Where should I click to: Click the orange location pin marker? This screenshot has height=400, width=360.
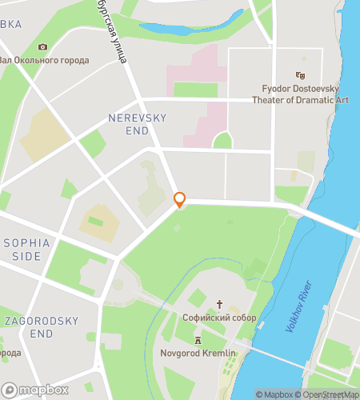pos(180,199)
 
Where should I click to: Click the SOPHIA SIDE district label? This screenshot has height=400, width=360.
pos(26,249)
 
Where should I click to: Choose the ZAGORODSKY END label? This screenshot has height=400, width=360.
pos(41,327)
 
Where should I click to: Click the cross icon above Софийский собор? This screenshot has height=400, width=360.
pos(220,304)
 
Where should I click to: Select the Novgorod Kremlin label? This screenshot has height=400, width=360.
pos(198,353)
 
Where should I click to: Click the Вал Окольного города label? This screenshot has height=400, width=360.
pos(44,60)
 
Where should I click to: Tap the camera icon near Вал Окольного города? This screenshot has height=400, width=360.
pos(42,47)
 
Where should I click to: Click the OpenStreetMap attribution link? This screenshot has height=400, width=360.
pos(328,394)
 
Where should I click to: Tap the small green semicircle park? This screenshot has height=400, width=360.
pos(222,142)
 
